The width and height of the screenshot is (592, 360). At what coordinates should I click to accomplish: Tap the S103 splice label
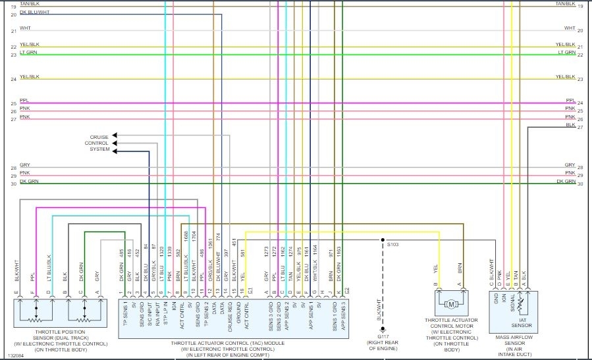coord(393,244)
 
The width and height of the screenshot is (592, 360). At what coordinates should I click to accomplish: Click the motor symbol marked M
coord(451,304)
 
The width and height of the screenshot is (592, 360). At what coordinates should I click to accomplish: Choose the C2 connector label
coord(347,290)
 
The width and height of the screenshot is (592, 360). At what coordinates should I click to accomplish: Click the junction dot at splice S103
coord(382,240)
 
